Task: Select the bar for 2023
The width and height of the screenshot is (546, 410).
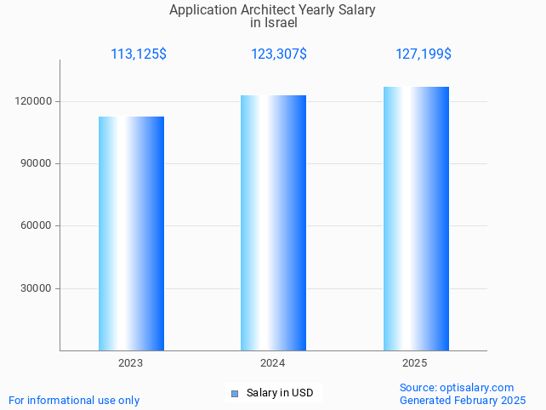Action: pos(131,233)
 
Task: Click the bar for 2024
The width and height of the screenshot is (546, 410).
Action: pos(273,223)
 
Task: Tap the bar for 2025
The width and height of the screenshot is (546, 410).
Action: pos(416,219)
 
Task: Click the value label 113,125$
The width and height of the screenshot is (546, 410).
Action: pos(139,54)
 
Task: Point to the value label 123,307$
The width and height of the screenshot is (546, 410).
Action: pos(279,54)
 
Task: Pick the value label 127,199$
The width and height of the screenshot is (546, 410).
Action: pos(424,54)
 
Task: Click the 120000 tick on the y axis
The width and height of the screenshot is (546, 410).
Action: pos(35,101)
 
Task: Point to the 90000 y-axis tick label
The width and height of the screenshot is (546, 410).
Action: pos(37,163)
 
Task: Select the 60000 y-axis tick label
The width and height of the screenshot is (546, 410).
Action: pos(37,225)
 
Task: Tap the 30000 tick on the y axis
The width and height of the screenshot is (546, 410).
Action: pos(37,288)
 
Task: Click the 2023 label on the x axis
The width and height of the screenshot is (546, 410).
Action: pos(131,363)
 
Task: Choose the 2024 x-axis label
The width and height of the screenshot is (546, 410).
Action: pos(273,363)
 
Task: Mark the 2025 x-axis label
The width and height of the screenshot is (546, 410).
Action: pos(415,363)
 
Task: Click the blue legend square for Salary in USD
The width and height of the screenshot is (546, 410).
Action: pos(235,393)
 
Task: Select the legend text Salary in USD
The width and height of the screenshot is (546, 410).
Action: pos(280,393)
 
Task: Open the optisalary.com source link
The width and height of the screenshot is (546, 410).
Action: pos(477,388)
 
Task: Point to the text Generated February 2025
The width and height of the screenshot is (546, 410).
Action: pos(463,400)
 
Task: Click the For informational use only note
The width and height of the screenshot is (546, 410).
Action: pos(74,400)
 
